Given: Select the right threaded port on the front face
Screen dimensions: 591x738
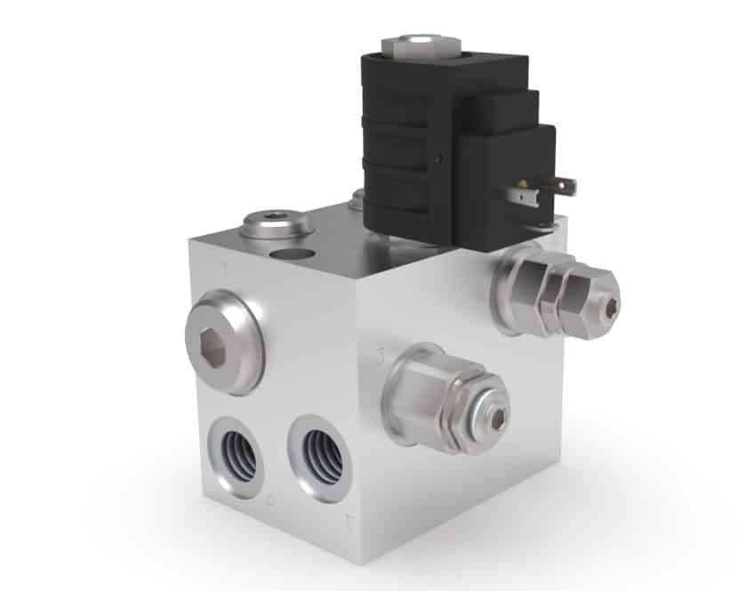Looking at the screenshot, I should point(320,455).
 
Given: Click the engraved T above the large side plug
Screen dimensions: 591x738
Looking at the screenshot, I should point(225,266).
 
